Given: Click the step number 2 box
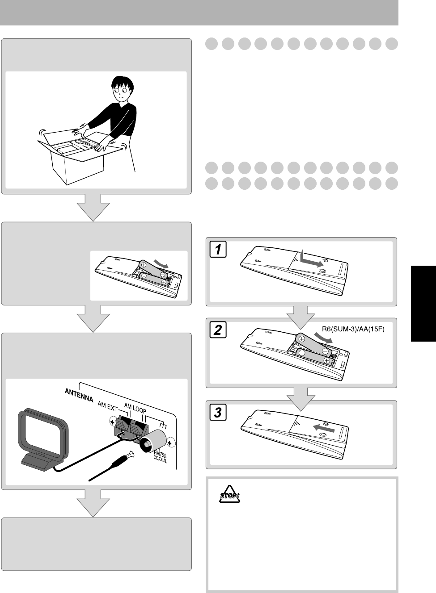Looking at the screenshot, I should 218,331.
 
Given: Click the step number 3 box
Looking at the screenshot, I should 218,413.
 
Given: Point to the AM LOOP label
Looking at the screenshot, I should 135,405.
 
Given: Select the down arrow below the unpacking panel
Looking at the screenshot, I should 93,207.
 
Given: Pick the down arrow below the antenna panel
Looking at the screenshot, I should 93,502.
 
